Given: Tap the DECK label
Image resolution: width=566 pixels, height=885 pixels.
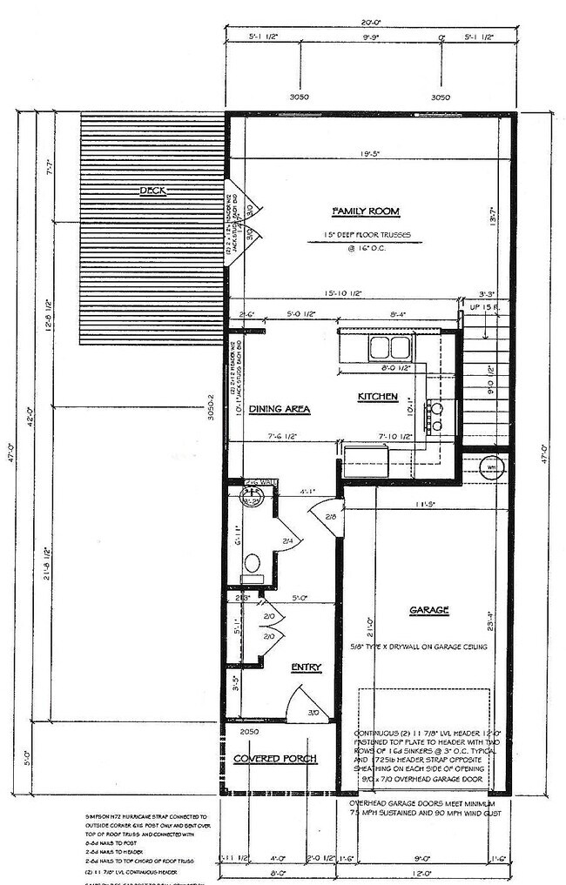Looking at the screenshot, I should point(152,191).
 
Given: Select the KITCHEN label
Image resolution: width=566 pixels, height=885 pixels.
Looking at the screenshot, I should point(378,397).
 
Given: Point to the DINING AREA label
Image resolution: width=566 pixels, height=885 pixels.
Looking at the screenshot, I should point(280,408).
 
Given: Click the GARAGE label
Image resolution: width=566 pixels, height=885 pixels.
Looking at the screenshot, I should point(428,611).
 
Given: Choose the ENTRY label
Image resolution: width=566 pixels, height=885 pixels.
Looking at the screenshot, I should point(306,667).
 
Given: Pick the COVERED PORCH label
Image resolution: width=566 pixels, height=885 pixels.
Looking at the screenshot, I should point(280,758).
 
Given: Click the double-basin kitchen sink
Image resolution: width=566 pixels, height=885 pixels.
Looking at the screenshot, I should point(389,347).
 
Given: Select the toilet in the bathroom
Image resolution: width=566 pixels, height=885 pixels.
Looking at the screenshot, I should point(252,562).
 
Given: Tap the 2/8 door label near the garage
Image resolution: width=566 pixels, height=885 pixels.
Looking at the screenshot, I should point(331,517).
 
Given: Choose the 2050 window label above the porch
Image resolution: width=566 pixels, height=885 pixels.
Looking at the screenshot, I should point(251,733).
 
